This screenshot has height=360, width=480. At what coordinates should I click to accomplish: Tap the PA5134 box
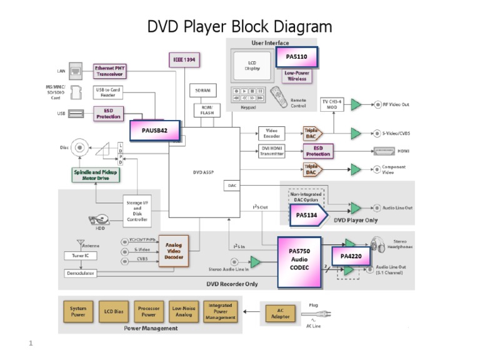[x=306, y=214]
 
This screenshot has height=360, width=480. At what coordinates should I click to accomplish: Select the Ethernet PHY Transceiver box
[x=109, y=71]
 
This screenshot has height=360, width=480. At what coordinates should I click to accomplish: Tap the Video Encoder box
[x=271, y=132]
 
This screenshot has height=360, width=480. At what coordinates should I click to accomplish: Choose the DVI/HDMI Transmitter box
[x=271, y=151]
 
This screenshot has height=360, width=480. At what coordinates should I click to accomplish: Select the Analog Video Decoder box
[x=174, y=250]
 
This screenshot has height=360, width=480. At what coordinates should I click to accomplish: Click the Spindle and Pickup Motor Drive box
[x=96, y=174]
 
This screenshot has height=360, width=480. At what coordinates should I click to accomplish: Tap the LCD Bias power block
[x=114, y=311]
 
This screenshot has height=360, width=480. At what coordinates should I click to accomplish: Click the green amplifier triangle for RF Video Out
[x=356, y=104]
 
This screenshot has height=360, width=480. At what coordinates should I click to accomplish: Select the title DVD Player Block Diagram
[x=239, y=26]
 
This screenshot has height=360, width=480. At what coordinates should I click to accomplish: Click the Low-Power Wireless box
[x=297, y=76]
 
